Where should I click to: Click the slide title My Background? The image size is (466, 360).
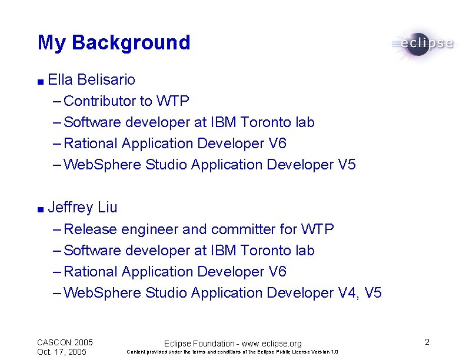[114, 43]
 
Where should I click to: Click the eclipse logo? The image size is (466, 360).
[422, 44]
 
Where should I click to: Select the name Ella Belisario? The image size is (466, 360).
[92, 79]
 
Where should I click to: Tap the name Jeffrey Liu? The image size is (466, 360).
[82, 208]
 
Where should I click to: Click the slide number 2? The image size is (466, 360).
[427, 342]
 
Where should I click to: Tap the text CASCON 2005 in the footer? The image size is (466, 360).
[65, 342]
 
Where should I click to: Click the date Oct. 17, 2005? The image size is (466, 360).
[62, 352]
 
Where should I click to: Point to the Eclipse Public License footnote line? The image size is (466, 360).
[232, 352]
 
